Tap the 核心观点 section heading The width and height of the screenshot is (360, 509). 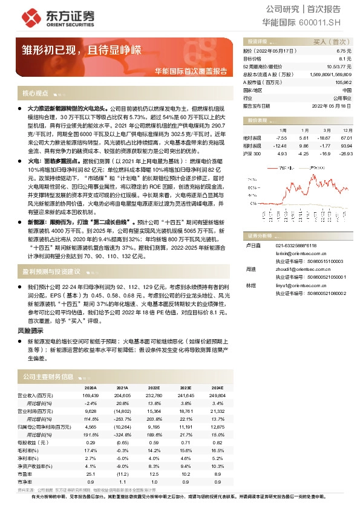(x=35, y=94)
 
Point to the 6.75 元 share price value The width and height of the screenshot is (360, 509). (x=344, y=52)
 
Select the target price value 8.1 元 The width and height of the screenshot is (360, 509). (x=345, y=59)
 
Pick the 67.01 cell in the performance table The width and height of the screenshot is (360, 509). (x=346, y=138)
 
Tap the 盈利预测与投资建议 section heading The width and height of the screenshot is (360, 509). (x=51, y=272)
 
